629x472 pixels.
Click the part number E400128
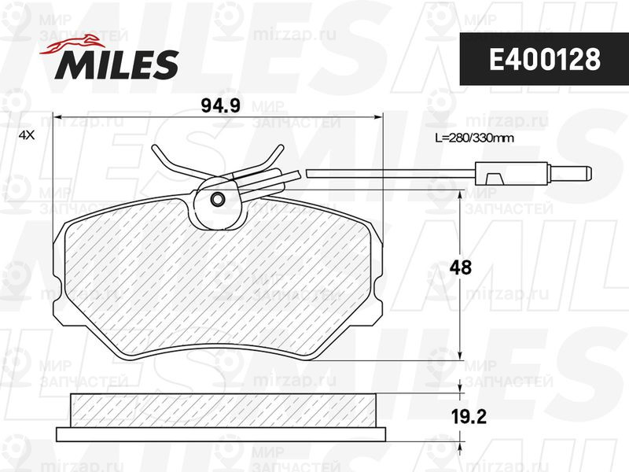click(544, 60)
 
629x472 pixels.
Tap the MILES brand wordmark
click(116, 64)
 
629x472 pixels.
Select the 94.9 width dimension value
click(220, 105)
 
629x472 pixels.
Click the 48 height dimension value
click(460, 267)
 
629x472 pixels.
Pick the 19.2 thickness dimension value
click(468, 417)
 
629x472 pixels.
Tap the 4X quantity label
click(28, 135)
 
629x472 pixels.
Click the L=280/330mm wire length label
click(475, 138)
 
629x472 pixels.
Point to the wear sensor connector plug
click(533, 173)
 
